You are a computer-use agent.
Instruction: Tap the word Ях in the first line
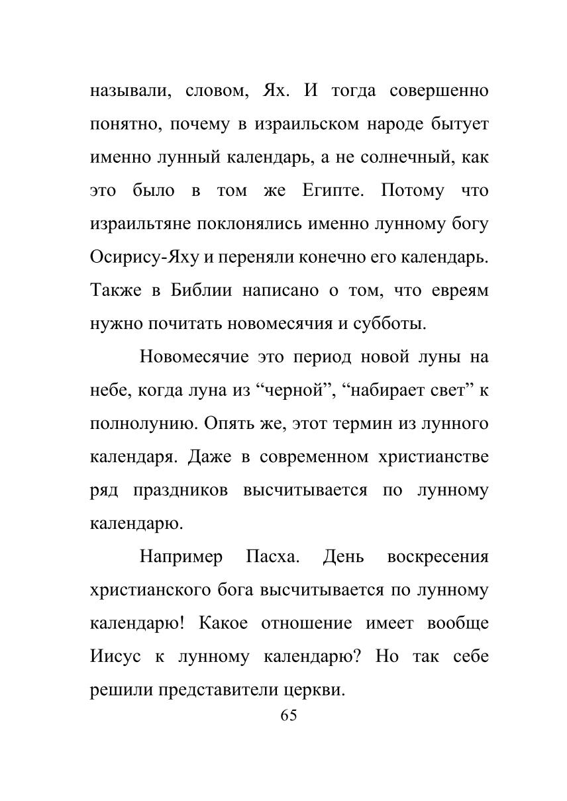[x=275, y=91]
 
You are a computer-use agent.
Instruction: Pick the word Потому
[x=413, y=191]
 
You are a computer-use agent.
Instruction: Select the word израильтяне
[x=140, y=224]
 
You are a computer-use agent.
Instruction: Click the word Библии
[x=201, y=291]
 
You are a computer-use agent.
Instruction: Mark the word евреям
[x=457, y=291]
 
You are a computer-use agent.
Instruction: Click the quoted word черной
[x=289, y=391]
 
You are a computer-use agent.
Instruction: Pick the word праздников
[x=180, y=491]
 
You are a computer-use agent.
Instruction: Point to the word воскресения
[x=437, y=557]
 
